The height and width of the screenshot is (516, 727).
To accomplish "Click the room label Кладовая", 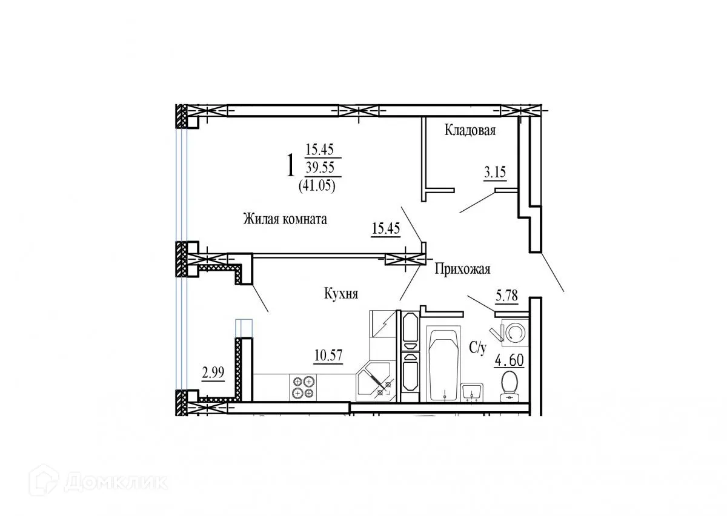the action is click(x=470, y=130).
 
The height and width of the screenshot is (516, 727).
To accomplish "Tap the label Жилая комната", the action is click(x=285, y=219).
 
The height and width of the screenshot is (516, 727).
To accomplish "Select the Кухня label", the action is click(x=340, y=294).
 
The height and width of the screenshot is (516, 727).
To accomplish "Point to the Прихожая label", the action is click(x=462, y=269).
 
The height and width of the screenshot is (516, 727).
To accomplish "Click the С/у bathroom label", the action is click(x=478, y=348).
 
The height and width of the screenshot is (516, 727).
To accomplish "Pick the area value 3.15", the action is click(x=495, y=173).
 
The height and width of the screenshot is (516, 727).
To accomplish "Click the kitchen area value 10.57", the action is click(x=328, y=355).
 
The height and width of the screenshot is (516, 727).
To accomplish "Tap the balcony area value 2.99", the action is click(x=213, y=372).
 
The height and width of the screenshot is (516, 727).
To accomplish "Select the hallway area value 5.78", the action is click(x=506, y=296).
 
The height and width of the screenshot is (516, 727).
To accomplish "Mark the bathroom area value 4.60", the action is click(x=509, y=360).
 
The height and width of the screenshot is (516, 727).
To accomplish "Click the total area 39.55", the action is click(x=320, y=167).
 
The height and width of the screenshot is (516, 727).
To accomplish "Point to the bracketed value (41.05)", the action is click(x=317, y=187).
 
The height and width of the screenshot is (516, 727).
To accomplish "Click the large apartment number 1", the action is click(x=290, y=165).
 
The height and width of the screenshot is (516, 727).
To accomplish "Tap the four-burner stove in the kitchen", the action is click(x=303, y=387).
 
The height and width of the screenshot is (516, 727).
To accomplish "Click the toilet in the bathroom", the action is click(x=510, y=387).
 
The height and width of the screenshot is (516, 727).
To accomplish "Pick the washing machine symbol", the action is click(x=515, y=332).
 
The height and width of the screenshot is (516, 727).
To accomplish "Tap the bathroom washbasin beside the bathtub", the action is click(x=471, y=392).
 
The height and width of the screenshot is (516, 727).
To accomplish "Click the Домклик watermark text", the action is click(x=116, y=482).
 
